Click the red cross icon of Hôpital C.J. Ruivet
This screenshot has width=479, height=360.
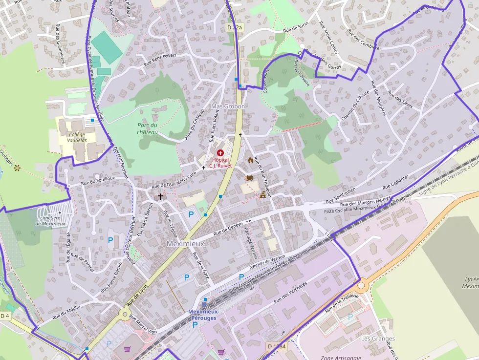(220, 153)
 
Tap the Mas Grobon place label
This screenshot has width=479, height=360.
(228, 106)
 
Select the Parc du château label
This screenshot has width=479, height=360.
(147, 129)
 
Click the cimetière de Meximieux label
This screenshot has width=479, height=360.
(50, 220)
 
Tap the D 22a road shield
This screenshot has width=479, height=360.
(235, 28)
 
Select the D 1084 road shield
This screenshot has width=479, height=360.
(277, 346)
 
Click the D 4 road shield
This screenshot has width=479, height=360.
(5, 316)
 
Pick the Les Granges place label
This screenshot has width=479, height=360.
(378, 339)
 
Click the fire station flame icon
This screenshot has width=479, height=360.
(251, 160)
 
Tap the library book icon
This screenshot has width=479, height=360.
(249, 178)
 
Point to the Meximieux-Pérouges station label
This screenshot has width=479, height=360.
(204, 315)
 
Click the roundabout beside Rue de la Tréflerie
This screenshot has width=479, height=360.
(361, 285)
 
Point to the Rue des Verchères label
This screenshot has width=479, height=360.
(291, 293)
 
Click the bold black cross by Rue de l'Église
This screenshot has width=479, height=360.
(160, 196)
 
